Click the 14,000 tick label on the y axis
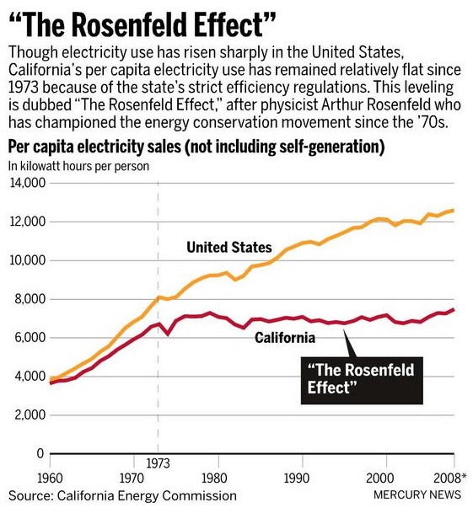coord(27,183)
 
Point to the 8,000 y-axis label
coord(30,299)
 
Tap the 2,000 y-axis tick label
coord(30,415)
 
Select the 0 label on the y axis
coord(40,453)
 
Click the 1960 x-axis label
coord(50,478)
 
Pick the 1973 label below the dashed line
coord(158,463)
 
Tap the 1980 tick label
coord(218,478)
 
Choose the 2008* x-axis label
coord(449,478)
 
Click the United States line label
coord(228,247)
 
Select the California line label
coord(285,338)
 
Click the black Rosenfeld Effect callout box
coord(362,380)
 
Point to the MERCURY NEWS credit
coord(417,495)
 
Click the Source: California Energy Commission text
coord(122,495)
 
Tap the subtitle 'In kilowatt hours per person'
coord(78,166)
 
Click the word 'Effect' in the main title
coord(236,24)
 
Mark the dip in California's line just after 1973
coord(167,334)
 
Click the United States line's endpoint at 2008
coord(454,211)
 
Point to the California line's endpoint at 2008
coord(454,309)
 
